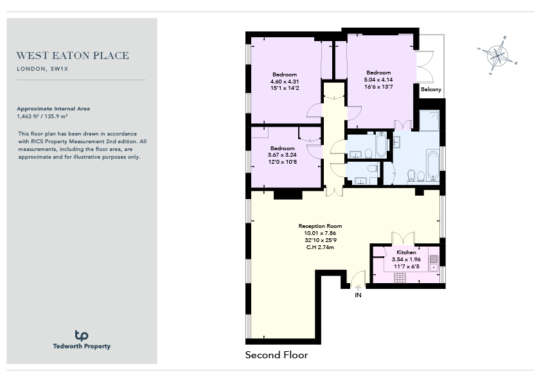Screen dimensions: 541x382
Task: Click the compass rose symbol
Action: click(x=497, y=55)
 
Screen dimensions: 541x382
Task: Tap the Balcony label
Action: click(x=431, y=89)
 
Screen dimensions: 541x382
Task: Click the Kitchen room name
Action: click(x=406, y=252)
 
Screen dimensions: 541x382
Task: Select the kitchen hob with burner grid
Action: click(x=400, y=277)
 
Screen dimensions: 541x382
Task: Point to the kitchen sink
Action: click(x=434, y=263)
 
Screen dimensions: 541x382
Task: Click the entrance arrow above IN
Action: click(x=358, y=288)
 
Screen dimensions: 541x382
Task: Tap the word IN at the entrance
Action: click(x=358, y=295)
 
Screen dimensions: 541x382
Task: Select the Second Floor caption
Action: click(x=276, y=355)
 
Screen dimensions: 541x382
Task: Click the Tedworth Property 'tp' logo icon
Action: click(x=82, y=335)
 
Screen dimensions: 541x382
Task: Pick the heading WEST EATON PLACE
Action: click(x=73, y=55)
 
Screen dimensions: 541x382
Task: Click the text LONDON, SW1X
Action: click(x=43, y=69)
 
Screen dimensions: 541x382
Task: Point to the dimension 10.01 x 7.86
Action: click(x=320, y=233)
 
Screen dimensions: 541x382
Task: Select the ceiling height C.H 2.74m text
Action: click(x=320, y=247)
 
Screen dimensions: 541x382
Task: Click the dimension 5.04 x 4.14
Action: click(x=378, y=80)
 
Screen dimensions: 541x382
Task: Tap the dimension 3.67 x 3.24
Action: click(x=282, y=155)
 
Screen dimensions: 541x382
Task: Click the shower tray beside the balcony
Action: click(x=429, y=120)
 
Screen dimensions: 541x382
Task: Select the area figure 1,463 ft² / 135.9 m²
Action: click(x=42, y=117)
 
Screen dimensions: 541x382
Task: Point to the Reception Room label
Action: click(x=320, y=226)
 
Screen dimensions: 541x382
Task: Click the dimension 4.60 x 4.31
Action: click(x=285, y=82)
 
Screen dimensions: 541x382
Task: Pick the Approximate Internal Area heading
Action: click(x=53, y=109)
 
